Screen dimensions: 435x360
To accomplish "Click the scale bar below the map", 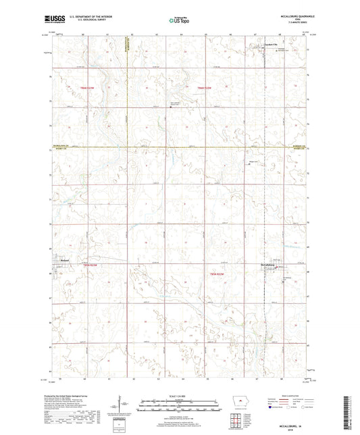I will pos(180,408).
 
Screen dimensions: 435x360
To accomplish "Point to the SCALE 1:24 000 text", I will pos(180,395).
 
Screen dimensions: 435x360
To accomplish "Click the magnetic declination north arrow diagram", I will pos(123,405).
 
